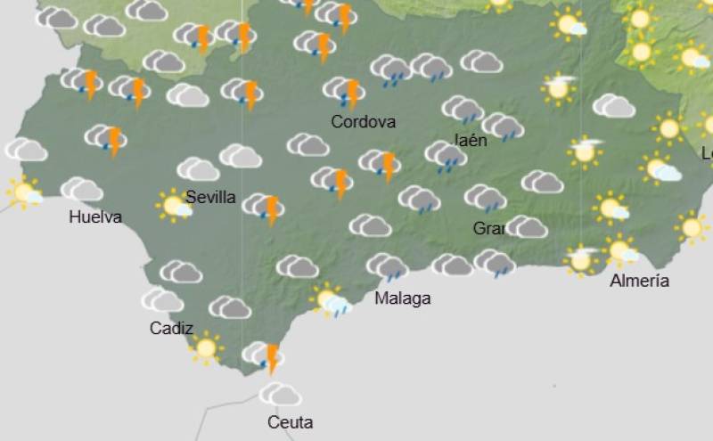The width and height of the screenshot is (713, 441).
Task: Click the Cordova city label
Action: pyautogui.click(x=363, y=122)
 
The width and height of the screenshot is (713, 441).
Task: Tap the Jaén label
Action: pyautogui.click(x=471, y=141)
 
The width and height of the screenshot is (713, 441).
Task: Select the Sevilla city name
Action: pyautogui.click(x=210, y=198)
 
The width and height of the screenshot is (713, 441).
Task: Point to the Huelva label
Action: pyautogui.click(x=94, y=217)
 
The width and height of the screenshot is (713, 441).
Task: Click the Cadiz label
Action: pyautogui.click(x=171, y=329)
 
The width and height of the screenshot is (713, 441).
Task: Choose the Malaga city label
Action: pyautogui.click(x=402, y=298)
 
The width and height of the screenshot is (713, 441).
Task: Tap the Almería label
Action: pyautogui.click(x=639, y=282)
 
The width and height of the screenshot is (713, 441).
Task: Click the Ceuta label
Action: pyautogui.click(x=290, y=422)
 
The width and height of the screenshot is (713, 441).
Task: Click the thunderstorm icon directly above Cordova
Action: pyautogui.click(x=345, y=91)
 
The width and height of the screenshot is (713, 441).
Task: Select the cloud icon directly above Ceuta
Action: pyautogui.click(x=281, y=394)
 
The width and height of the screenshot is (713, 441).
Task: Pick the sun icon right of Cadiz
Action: pyautogui.click(x=206, y=347)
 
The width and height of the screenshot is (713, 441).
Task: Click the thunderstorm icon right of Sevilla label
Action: pyautogui.click(x=265, y=208)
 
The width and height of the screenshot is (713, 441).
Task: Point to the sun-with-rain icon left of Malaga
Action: pyautogui.click(x=330, y=300)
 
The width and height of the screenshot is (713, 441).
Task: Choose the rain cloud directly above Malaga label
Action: pyautogui.click(x=388, y=265)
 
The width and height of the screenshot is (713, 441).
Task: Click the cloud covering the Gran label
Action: pyautogui.click(x=527, y=227)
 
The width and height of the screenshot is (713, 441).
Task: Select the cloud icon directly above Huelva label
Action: pyautogui.click(x=82, y=189)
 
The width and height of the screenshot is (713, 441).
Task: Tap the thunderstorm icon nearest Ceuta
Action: pyautogui.click(x=264, y=356)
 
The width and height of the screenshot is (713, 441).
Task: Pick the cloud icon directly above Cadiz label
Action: pyautogui.click(x=162, y=300)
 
